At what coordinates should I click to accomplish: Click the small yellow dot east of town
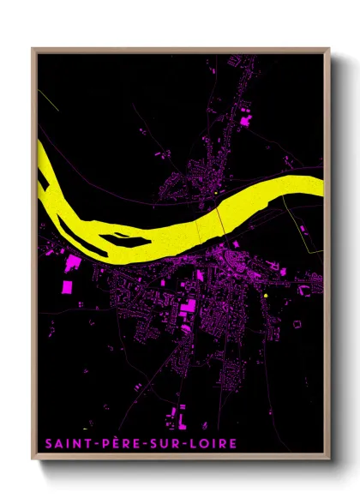coord(267,295)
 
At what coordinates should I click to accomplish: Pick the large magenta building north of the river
coord(246,121)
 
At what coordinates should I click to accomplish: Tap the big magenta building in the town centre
coord(187,308)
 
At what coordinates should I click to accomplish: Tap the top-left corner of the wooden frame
coord(33,49)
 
